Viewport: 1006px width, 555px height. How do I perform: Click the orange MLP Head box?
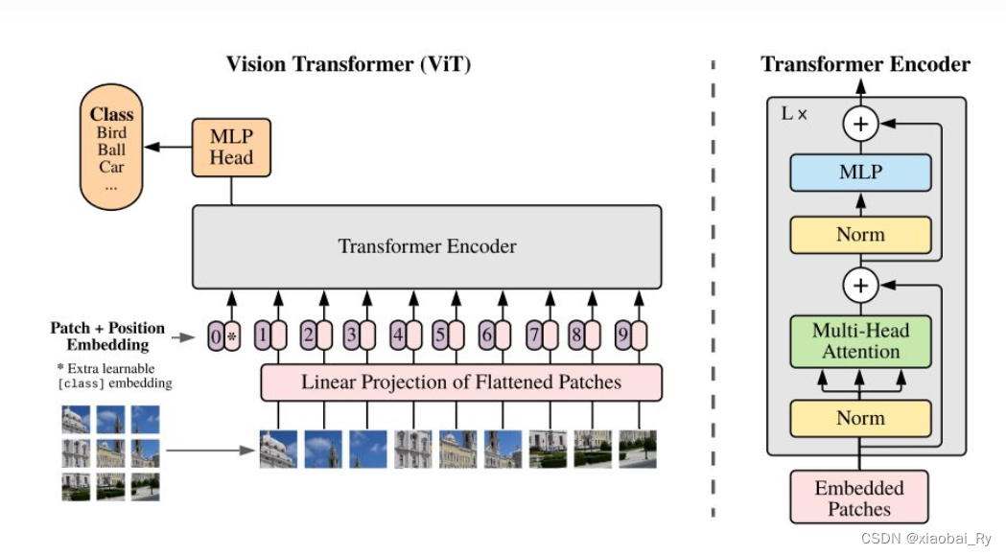click(231, 147)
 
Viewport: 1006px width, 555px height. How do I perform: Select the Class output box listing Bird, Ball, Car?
click(110, 146)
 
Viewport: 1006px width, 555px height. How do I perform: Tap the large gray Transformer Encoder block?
click(427, 246)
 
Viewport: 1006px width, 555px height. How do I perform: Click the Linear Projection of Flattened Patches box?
click(461, 382)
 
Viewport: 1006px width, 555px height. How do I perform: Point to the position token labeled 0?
click(216, 336)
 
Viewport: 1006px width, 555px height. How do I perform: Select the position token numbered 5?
click(440, 336)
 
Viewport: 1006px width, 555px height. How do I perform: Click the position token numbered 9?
click(623, 336)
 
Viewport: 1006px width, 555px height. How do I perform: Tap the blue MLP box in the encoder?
click(860, 173)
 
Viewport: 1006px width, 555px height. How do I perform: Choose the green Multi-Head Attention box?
click(860, 341)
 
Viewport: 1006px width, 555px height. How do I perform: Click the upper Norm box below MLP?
click(860, 235)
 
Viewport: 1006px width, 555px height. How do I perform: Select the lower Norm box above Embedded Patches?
click(860, 418)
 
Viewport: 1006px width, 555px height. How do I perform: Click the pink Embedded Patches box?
click(860, 497)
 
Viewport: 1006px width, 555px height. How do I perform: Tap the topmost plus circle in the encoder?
click(860, 124)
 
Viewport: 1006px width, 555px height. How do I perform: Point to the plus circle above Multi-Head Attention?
click(860, 285)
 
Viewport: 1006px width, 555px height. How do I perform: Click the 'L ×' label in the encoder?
click(794, 113)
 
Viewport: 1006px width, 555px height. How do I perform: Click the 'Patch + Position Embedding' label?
click(107, 335)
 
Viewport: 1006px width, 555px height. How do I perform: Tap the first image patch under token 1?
click(278, 449)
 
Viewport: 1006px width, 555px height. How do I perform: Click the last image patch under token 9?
click(638, 449)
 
